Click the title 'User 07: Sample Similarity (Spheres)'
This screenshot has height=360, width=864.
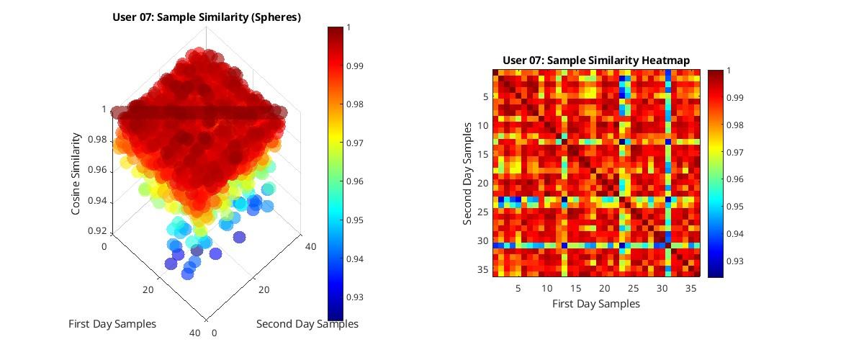(x=207, y=17)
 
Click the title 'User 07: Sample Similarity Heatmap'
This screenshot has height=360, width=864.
(x=596, y=60)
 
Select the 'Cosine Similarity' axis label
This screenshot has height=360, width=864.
(x=76, y=173)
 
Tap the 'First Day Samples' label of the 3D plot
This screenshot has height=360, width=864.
(x=112, y=324)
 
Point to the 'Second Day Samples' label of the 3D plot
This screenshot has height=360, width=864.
(x=307, y=324)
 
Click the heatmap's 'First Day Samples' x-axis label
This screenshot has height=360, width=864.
(x=596, y=304)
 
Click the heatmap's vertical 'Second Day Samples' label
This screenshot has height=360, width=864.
(x=468, y=173)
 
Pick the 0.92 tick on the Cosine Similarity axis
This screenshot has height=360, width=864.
(x=96, y=231)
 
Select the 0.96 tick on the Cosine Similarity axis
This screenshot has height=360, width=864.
(x=96, y=171)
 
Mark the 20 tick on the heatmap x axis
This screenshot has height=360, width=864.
(x=604, y=287)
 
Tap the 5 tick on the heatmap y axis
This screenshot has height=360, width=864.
(x=485, y=96)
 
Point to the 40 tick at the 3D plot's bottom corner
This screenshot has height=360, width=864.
(x=194, y=332)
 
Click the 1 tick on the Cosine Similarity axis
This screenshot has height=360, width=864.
(x=104, y=109)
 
